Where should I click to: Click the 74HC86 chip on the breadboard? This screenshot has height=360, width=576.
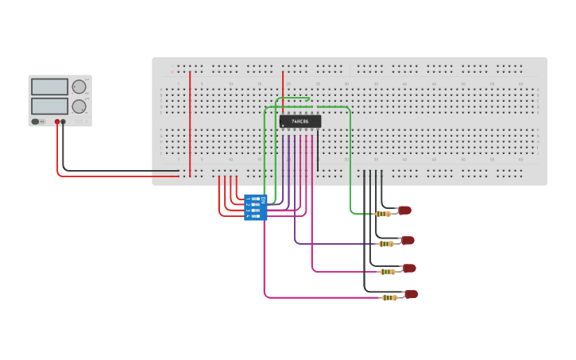pos(300,122)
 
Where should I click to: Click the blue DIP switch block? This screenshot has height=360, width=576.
pos(256,207)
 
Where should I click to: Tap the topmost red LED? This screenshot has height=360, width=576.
pos(404,211)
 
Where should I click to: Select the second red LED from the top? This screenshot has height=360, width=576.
pos(408,240)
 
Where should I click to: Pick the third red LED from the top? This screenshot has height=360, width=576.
pos(409,269)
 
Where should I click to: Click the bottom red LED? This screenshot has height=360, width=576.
pos(411,294)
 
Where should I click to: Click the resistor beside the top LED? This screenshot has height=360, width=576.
pos(383,213)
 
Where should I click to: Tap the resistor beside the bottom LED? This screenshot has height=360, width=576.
pos(389,297)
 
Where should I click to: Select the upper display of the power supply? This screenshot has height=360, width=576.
pos(49,87)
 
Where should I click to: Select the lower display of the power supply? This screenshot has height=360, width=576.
pos(49,106)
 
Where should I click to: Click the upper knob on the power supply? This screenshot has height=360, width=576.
pos(79,87)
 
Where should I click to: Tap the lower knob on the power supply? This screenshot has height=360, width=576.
pos(79,106)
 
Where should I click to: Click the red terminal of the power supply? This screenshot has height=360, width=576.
pos(57,122)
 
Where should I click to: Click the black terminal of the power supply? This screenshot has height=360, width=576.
pos(64,122)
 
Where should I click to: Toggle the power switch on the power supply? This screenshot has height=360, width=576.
pos(36,122)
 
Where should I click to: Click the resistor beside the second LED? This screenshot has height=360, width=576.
pos(386,243)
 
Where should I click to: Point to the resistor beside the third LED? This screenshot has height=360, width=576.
pos(388,272)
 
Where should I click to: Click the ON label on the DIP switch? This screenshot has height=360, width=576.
pos(263,201)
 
